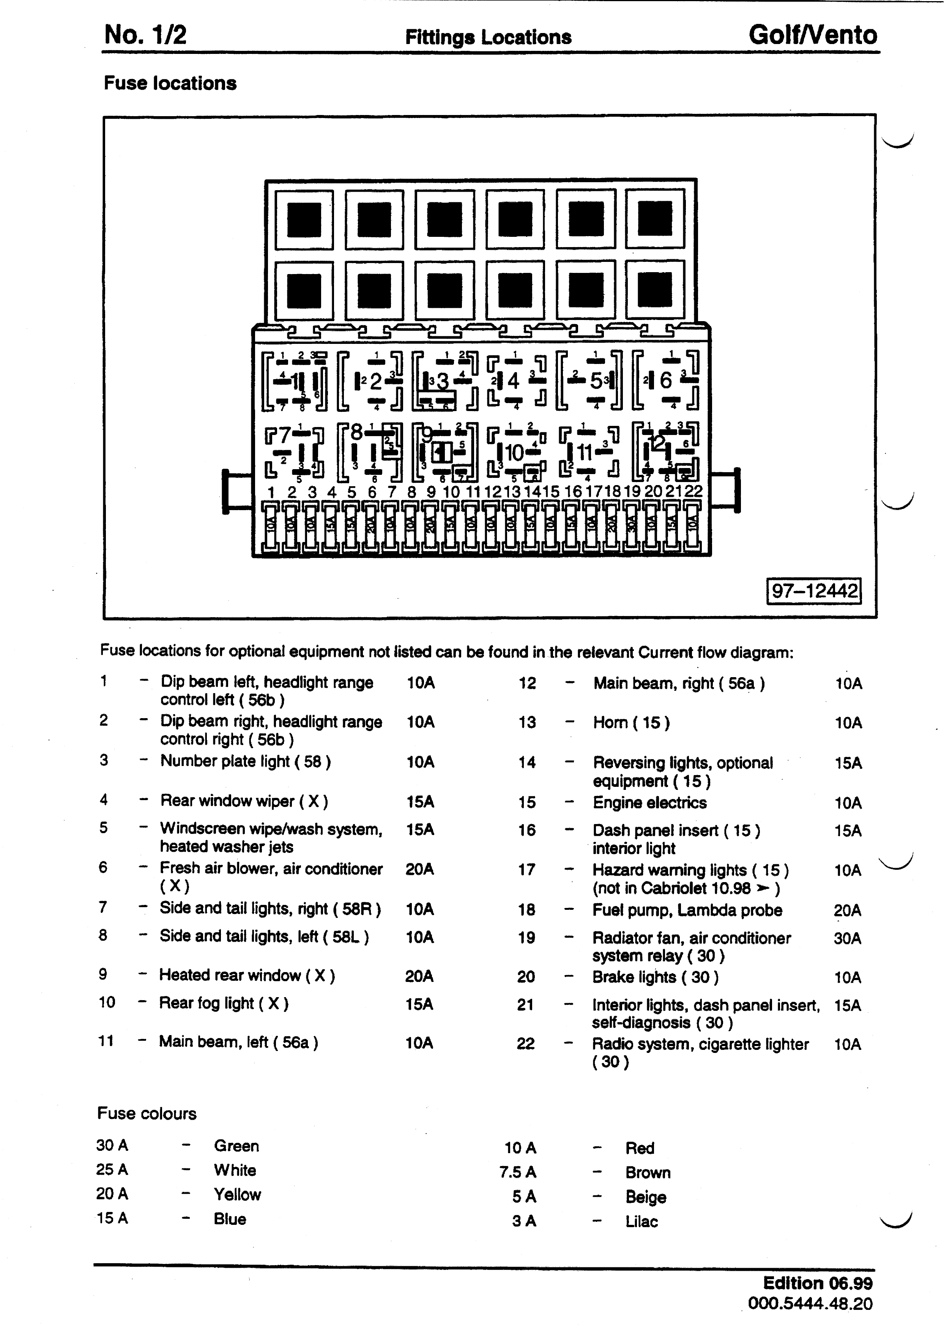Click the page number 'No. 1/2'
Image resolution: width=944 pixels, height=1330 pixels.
145,35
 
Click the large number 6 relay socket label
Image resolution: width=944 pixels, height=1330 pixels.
665,381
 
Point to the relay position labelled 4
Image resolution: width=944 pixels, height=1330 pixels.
513,381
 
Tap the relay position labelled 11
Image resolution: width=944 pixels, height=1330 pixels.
584,452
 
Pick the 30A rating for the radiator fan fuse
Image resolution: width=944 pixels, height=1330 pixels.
847,938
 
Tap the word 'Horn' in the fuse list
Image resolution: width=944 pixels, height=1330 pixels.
610,723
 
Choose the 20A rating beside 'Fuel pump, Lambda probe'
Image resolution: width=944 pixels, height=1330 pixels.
847,910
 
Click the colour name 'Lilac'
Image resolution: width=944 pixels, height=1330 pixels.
641,1221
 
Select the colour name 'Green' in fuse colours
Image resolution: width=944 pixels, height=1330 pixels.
236,1146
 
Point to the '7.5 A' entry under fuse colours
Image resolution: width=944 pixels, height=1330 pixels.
518,1172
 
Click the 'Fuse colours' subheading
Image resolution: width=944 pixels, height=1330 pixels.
147,1113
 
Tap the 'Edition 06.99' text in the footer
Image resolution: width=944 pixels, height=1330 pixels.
817,1283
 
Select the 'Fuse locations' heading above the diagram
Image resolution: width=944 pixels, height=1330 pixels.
170,83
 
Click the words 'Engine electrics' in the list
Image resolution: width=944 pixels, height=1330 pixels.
649,803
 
